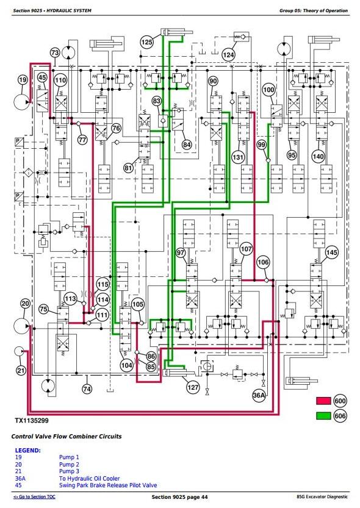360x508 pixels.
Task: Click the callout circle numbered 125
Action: [x=147, y=42]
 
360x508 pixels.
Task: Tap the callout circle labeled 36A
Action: [x=259, y=395]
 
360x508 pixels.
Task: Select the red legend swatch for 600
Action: [x=323, y=401]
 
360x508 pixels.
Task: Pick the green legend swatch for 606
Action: [x=323, y=416]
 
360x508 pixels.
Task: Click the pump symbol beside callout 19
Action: [x=22, y=102]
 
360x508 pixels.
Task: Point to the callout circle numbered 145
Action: [x=331, y=252]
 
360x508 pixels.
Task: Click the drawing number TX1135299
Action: [x=32, y=421]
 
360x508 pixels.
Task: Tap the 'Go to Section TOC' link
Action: [x=34, y=496]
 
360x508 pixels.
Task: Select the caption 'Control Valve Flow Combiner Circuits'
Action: [x=67, y=437]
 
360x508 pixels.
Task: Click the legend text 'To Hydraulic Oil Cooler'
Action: [x=89, y=478]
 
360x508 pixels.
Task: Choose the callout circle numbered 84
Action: [x=187, y=145]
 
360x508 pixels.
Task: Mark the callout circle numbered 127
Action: [x=193, y=387]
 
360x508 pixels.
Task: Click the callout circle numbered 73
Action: [x=55, y=53]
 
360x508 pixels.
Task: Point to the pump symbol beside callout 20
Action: [x=22, y=326]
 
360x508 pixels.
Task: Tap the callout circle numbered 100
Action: [x=268, y=90]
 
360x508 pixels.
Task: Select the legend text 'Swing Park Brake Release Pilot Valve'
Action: [x=108, y=485]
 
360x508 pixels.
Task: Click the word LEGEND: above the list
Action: [x=28, y=450]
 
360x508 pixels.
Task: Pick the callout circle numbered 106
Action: [x=263, y=262]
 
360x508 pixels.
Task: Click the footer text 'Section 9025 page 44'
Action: [x=179, y=497]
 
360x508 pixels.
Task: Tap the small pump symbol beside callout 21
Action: [x=19, y=351]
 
